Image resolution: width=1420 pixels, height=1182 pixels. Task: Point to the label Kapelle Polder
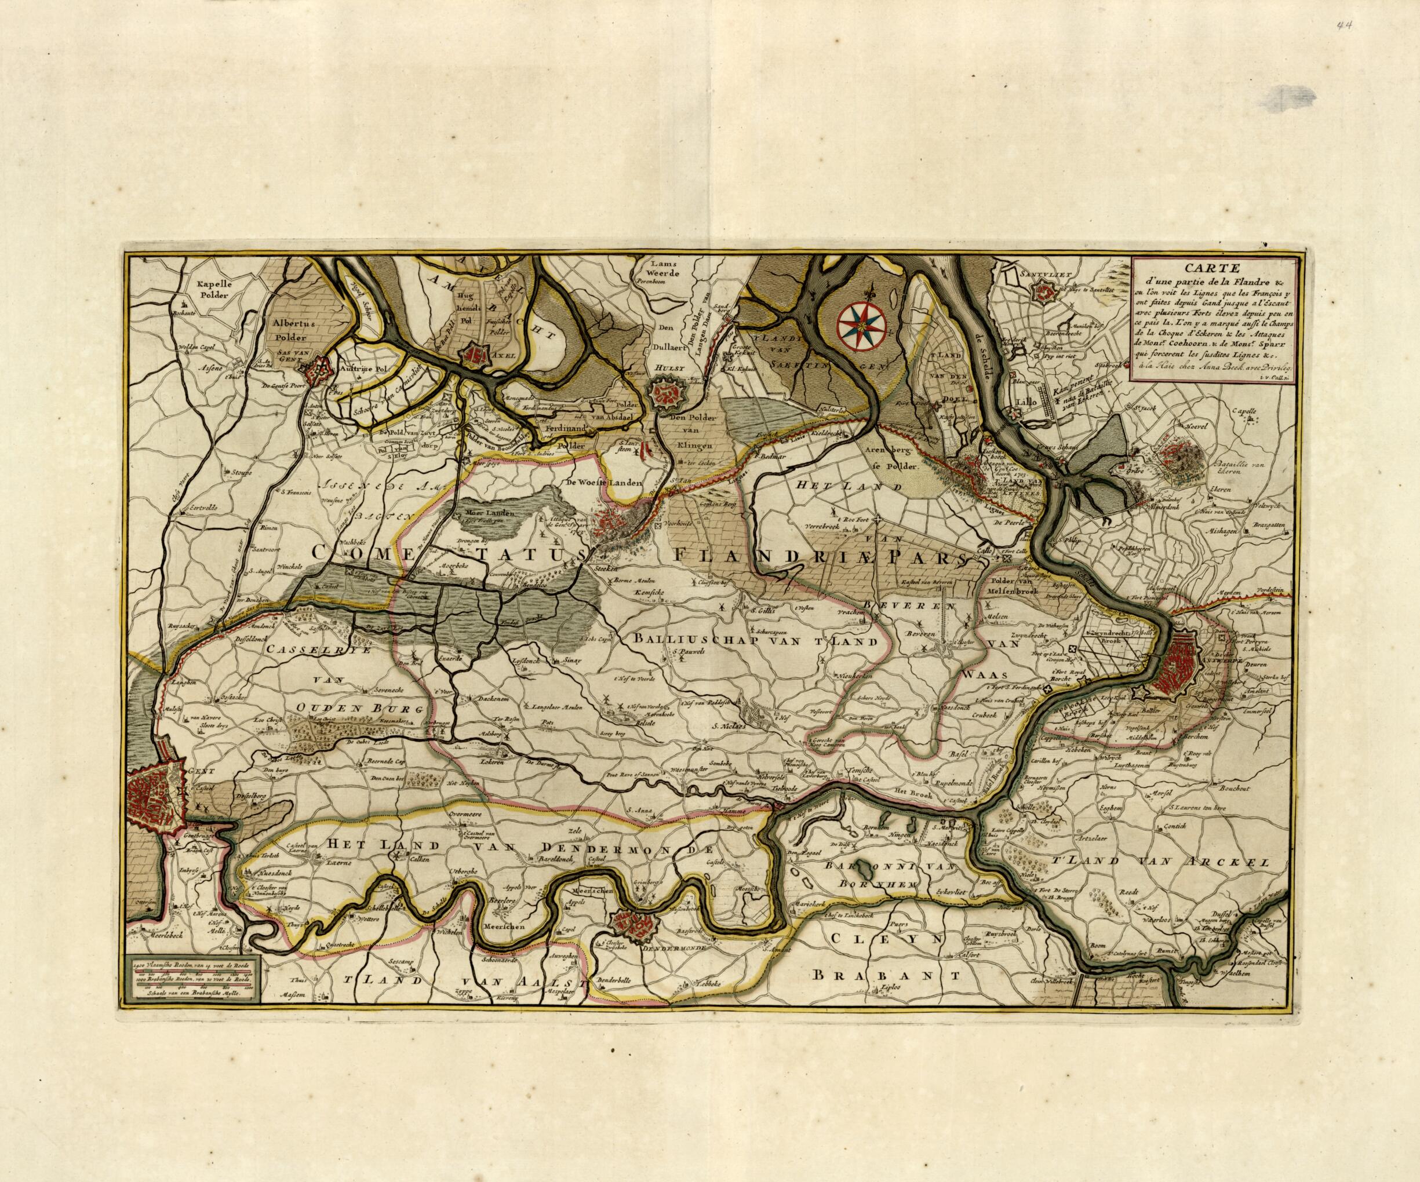pyautogui.click(x=207, y=291)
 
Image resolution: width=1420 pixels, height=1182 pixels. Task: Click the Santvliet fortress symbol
pyautogui.click(x=1044, y=291)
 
